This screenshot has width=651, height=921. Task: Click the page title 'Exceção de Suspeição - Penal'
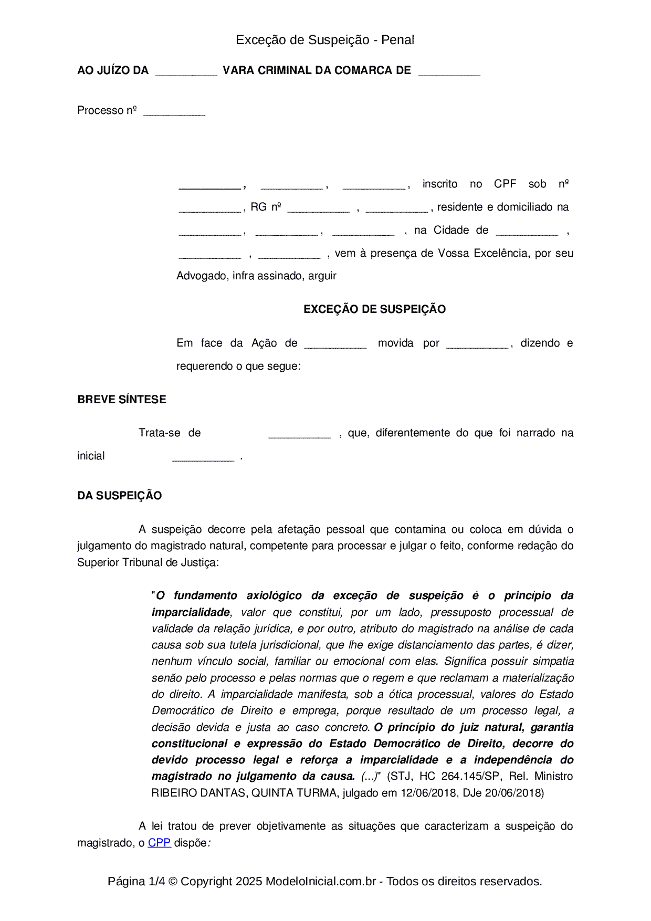coord(325,40)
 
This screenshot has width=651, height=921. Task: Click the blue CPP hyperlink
coord(159,842)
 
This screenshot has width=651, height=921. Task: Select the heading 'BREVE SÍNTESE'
coord(121,399)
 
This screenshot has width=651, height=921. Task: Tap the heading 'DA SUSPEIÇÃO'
coord(119,495)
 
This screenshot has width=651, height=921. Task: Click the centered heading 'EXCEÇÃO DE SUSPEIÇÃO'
coord(374,309)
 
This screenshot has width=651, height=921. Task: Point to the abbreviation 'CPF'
coord(505,184)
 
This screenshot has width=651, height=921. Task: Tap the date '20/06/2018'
coord(512,792)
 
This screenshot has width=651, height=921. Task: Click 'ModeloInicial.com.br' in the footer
coord(320,881)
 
